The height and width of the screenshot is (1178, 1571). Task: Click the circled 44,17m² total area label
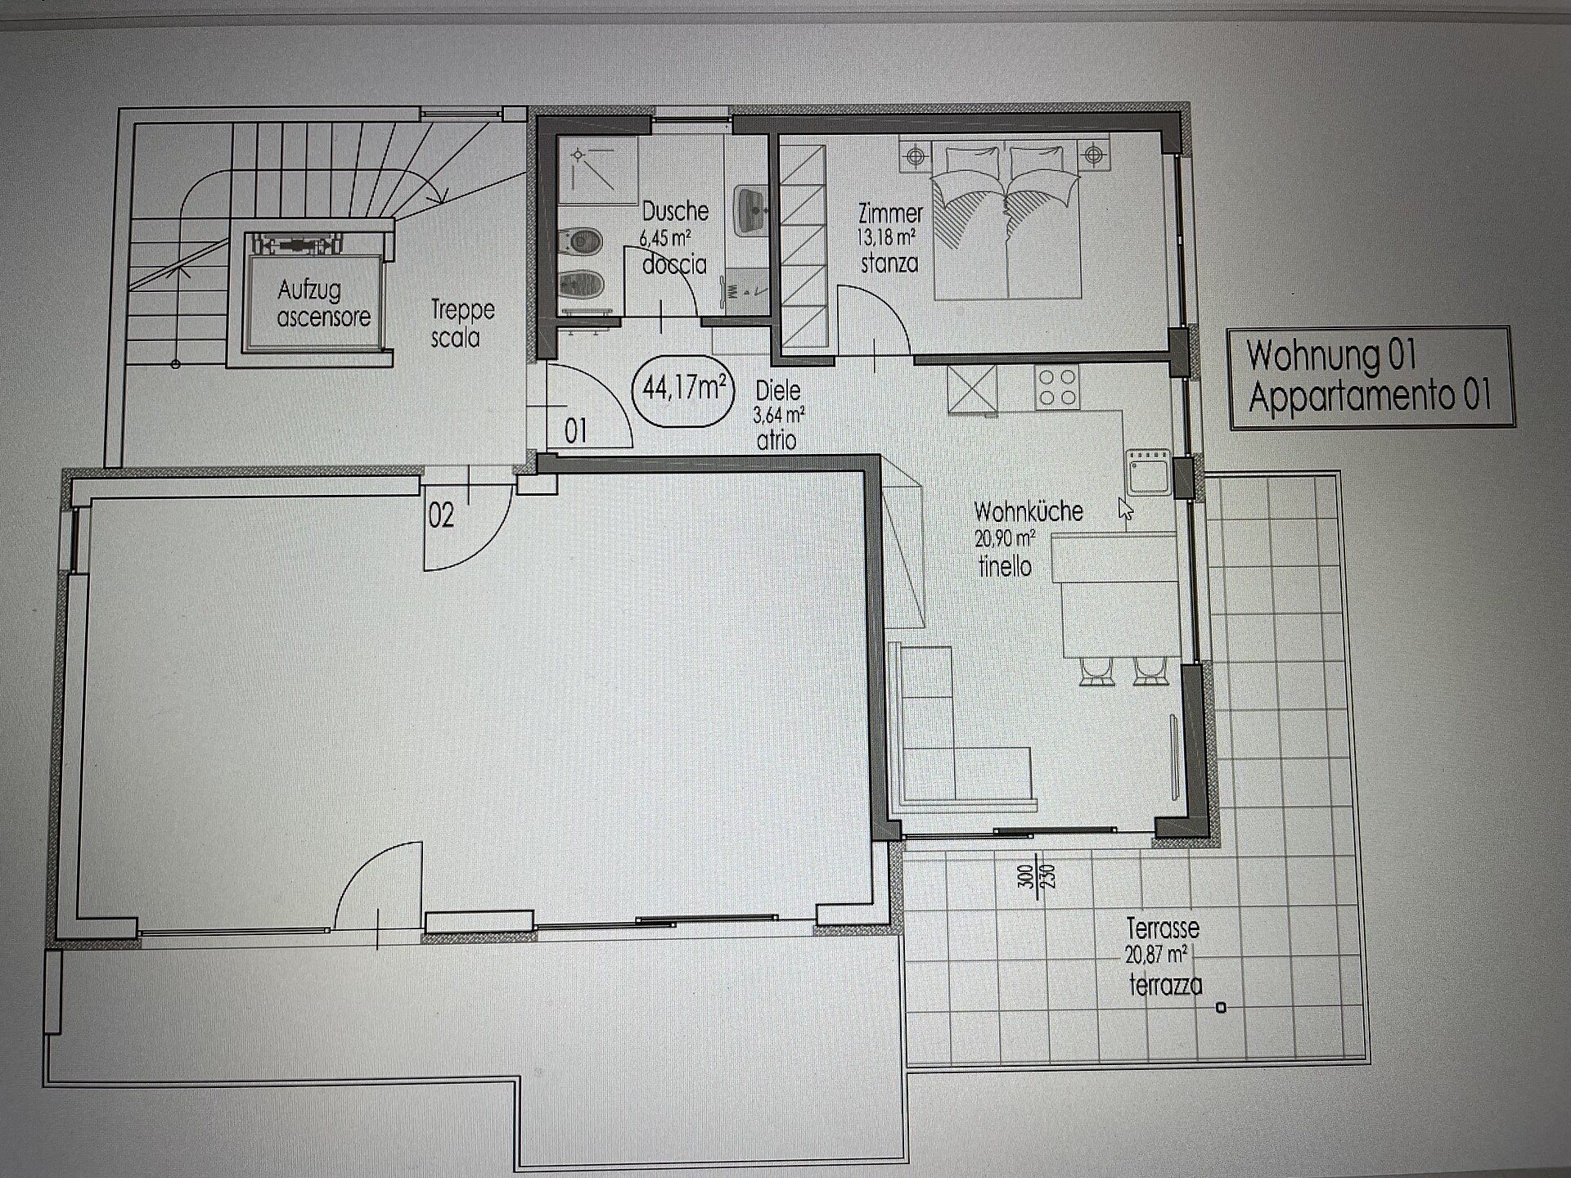pos(683,390)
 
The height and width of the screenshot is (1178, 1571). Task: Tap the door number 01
pos(576,431)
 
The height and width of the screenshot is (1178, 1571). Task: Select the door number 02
pos(441,515)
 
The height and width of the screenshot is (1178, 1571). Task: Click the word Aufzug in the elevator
pos(308,290)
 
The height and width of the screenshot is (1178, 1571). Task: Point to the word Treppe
pos(463,310)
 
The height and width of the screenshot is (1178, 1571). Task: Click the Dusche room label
pos(675,211)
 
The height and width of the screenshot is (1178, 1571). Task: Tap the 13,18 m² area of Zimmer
pos(886,238)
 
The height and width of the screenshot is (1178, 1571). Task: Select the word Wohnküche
pos(1029,511)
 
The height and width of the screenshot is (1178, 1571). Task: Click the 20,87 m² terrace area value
pos(1156,955)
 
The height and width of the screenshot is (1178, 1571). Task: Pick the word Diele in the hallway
pos(778,390)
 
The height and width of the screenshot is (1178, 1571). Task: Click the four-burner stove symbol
pos(1057,388)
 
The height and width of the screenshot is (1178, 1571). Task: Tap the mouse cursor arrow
pos(1126,509)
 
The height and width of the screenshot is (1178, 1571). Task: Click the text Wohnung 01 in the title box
pos(1331,355)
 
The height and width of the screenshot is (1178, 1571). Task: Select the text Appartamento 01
pos(1370,395)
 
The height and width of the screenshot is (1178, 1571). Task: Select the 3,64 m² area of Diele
pos(779,416)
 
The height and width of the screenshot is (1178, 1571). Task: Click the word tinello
pos(1005,566)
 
